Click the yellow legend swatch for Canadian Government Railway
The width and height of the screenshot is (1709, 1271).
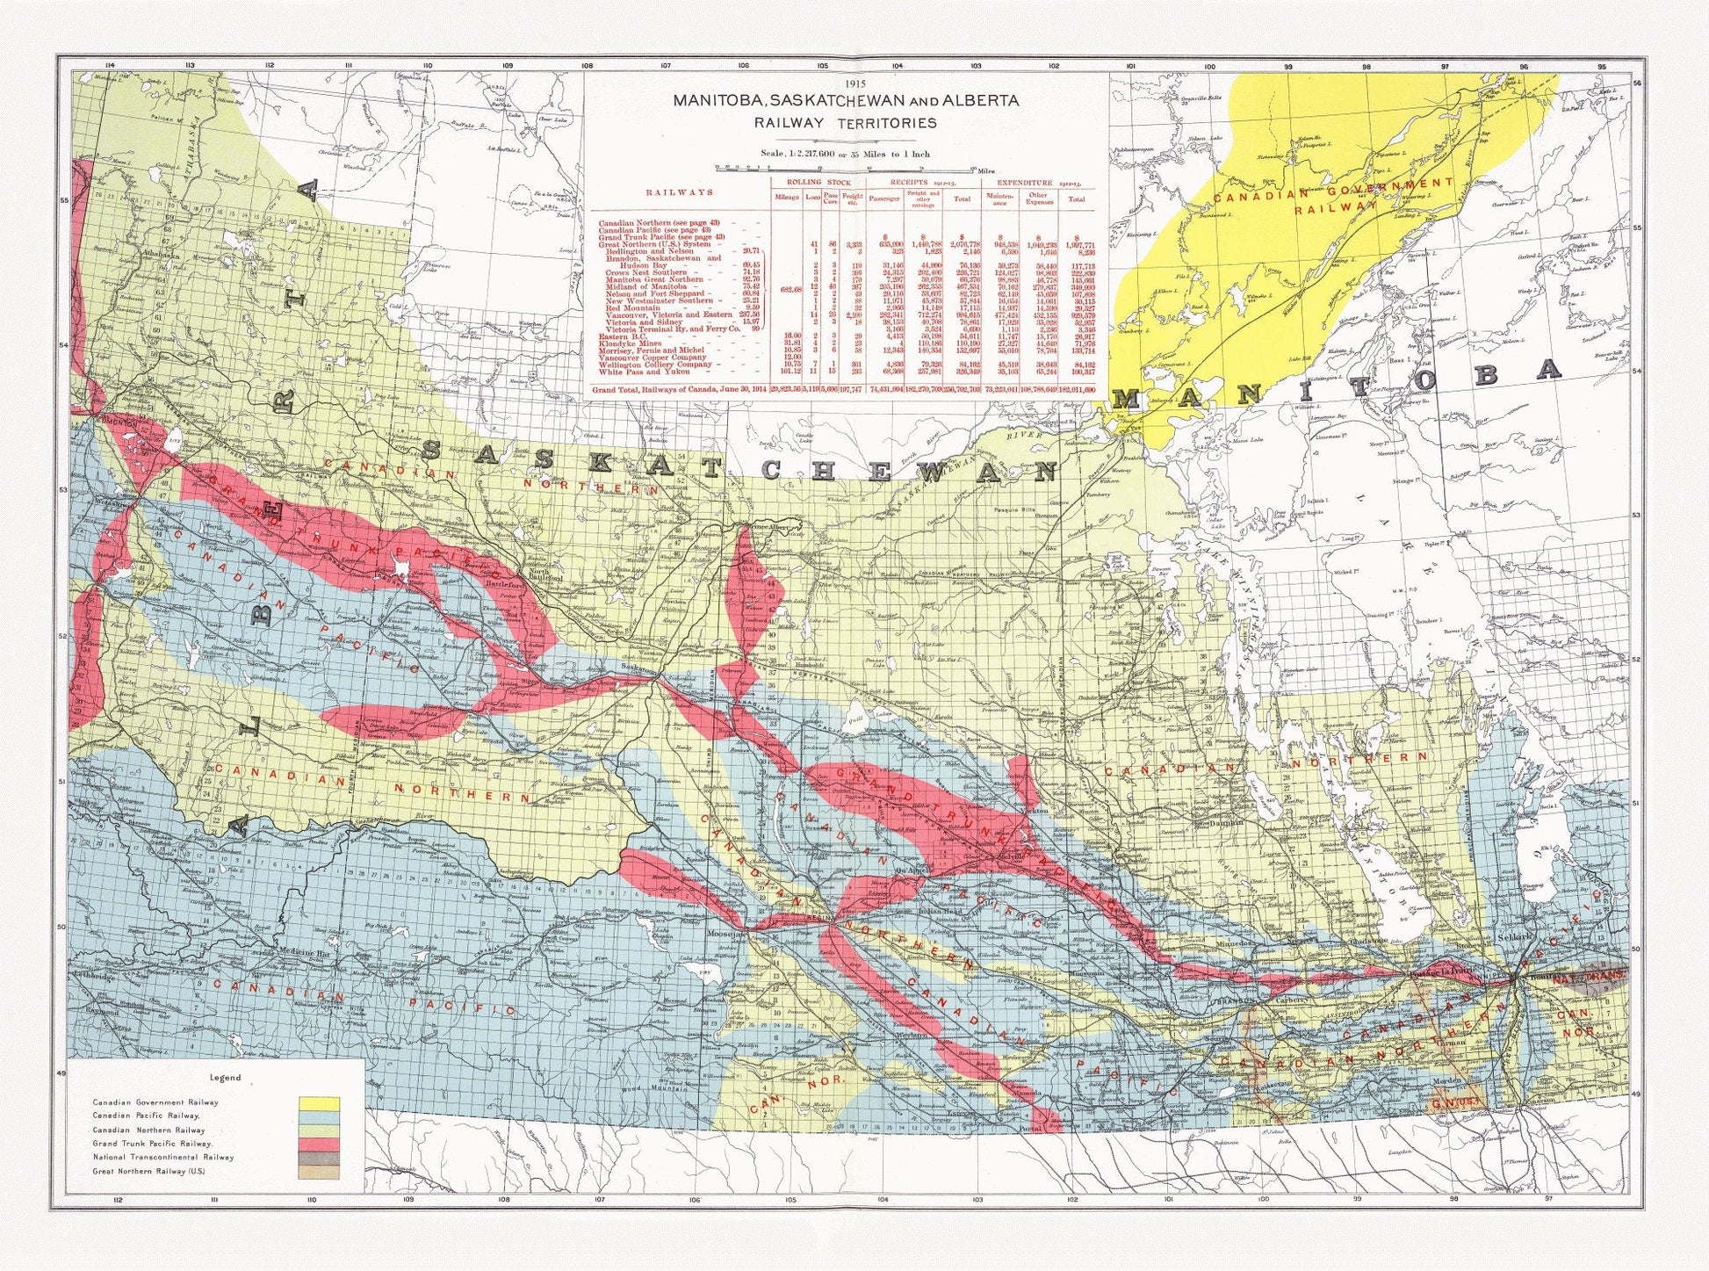[x=319, y=1103]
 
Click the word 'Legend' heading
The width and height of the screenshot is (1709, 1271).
[x=225, y=1078]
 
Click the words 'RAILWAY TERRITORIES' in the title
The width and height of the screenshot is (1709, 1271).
[x=846, y=123]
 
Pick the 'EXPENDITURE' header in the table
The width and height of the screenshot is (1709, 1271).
[x=1023, y=183]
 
